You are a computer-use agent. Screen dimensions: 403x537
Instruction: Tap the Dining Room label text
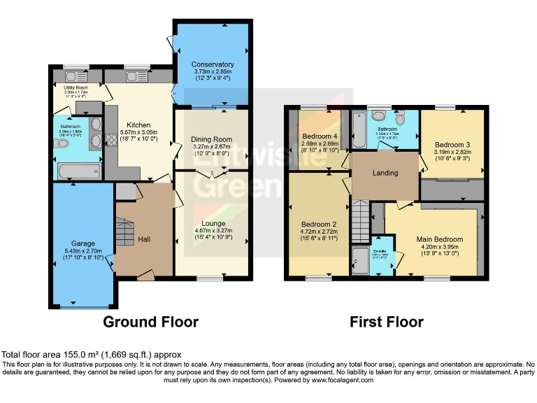click(210, 139)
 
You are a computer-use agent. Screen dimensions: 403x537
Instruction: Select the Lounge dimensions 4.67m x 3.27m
click(210, 232)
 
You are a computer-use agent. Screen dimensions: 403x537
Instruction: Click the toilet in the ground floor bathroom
click(62, 143)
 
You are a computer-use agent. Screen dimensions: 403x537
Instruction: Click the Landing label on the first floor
click(385, 173)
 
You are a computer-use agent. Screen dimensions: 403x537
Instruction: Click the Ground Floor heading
click(150, 322)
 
